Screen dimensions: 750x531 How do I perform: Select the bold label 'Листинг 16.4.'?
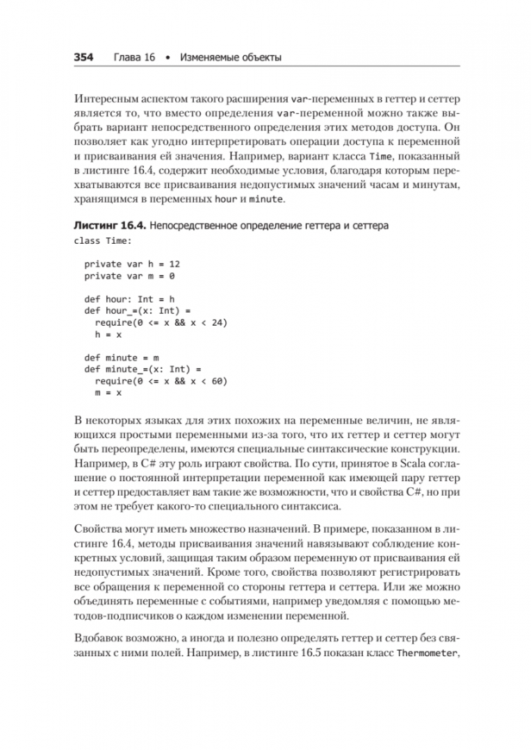(x=108, y=227)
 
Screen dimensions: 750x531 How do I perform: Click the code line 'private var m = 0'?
(x=129, y=276)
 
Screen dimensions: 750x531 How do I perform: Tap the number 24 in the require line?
(x=217, y=323)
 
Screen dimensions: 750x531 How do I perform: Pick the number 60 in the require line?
(x=217, y=381)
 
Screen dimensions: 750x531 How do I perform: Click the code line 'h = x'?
(x=108, y=335)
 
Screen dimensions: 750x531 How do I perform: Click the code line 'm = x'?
(x=108, y=393)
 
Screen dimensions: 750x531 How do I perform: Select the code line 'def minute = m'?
(x=122, y=358)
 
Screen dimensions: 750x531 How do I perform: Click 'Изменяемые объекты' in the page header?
(x=230, y=58)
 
